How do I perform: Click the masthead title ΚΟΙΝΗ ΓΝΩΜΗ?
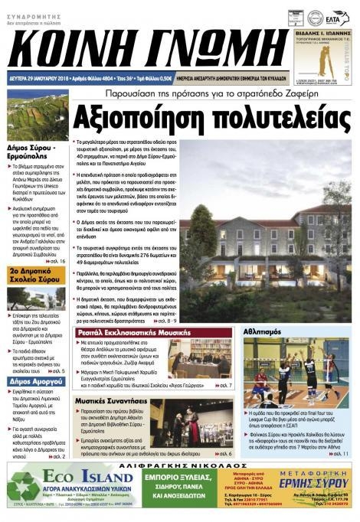(x=142, y=46)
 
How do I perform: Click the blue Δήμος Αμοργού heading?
(x=34, y=380)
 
